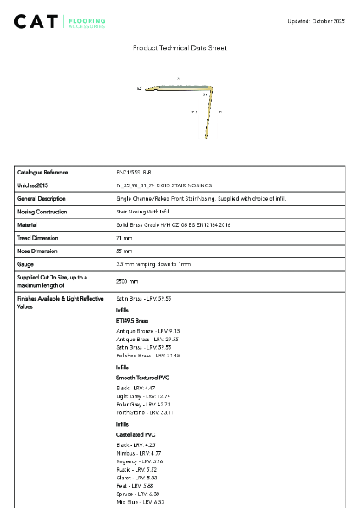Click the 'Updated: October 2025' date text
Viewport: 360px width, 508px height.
pos(315,20)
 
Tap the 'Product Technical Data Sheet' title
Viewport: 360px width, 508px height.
pos(180,48)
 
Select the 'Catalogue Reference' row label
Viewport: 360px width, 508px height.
pos(43,172)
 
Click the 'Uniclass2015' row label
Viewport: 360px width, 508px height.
pos(35,185)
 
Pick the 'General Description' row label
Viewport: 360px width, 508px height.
pos(43,198)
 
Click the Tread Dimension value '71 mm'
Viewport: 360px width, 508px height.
pos(124,238)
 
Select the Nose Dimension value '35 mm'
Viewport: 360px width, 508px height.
pos(124,251)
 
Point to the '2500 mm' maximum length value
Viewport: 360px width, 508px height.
pos(126,281)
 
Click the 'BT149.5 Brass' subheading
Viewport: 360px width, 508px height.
pos(132,322)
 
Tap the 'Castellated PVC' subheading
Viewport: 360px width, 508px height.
pos(138,433)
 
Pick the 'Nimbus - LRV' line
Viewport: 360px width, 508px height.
pos(138,453)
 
